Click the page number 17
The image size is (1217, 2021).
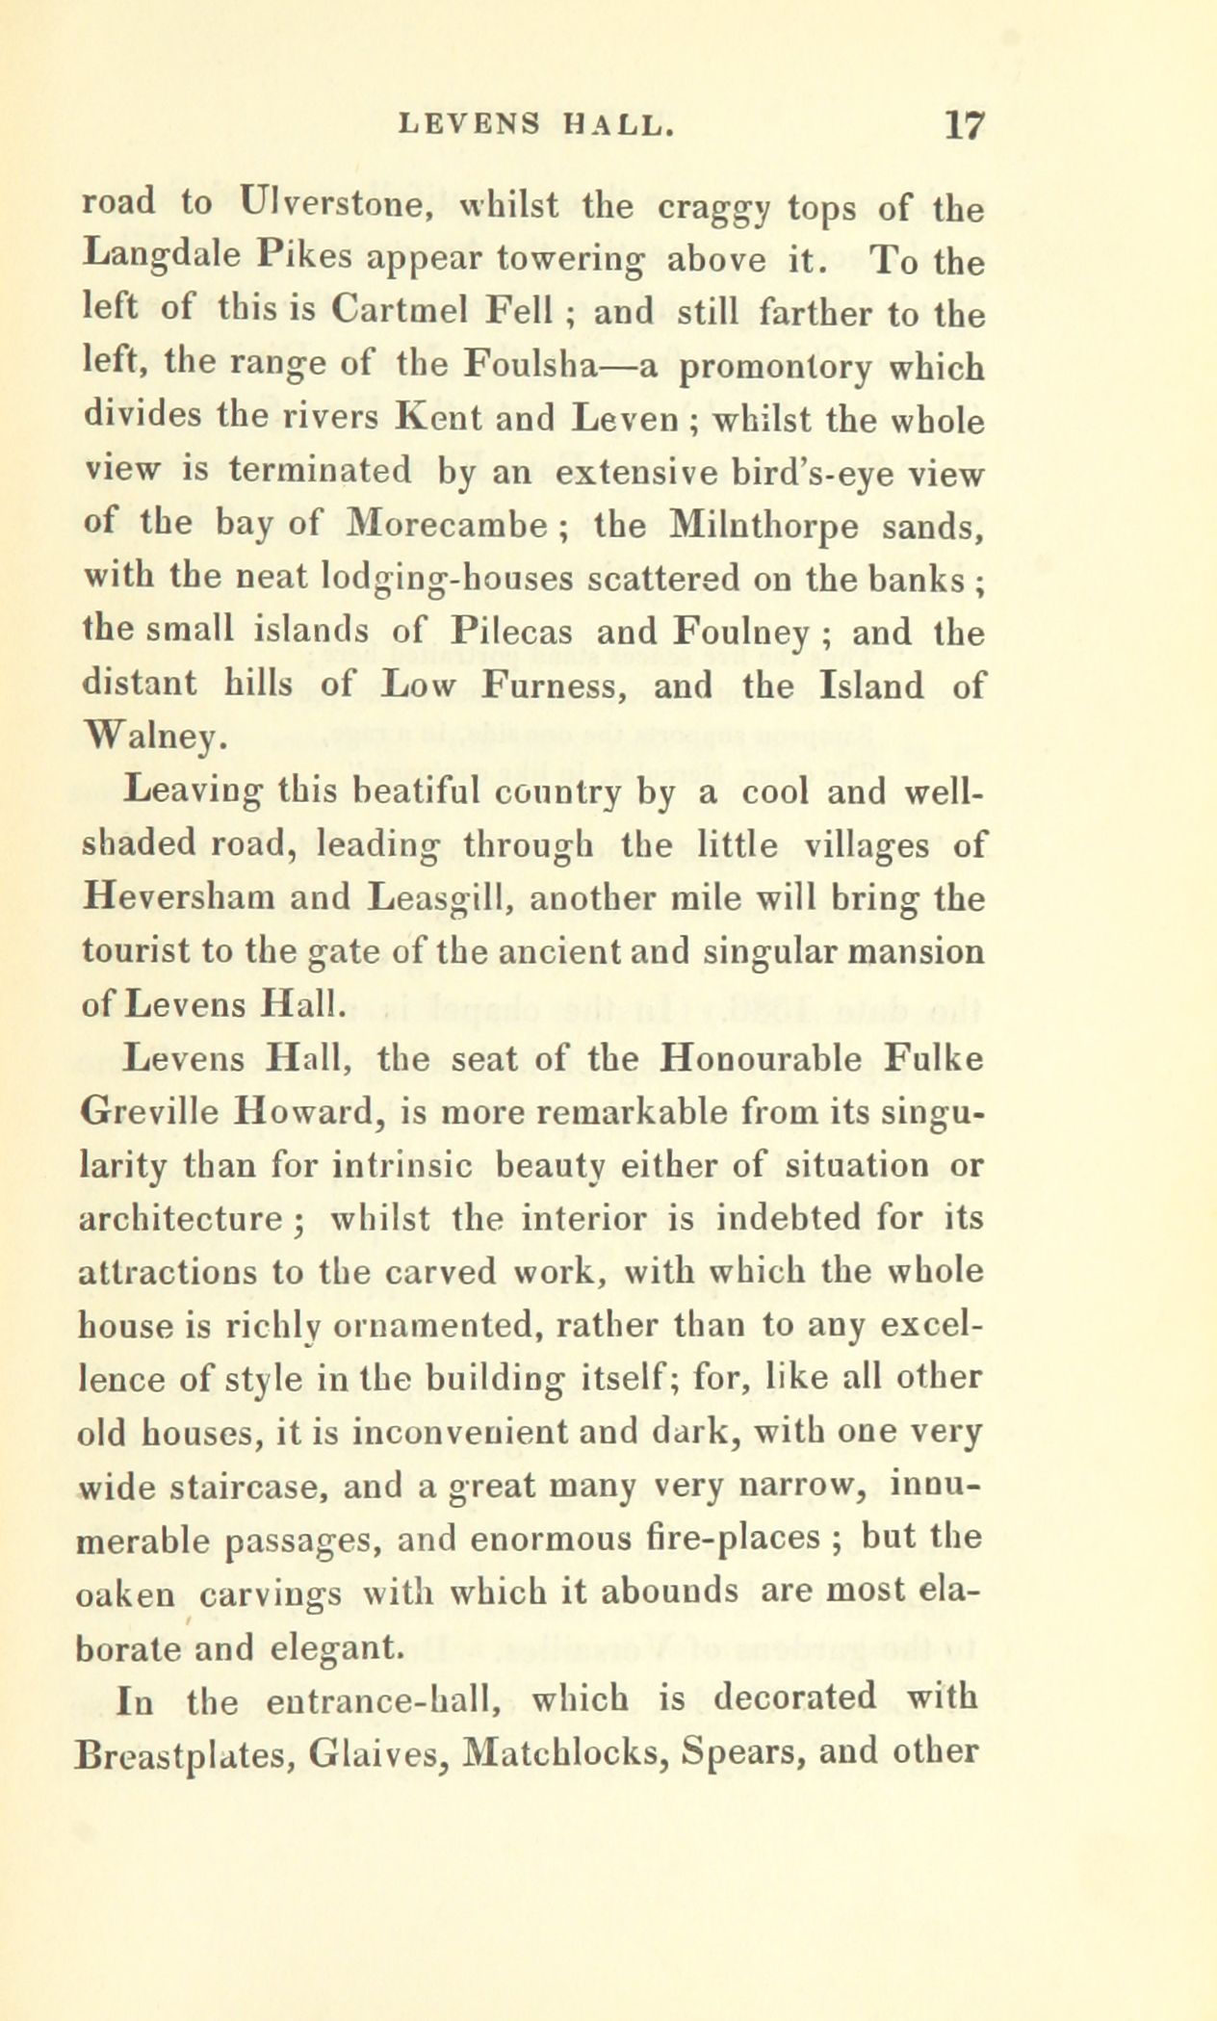click(963, 126)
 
